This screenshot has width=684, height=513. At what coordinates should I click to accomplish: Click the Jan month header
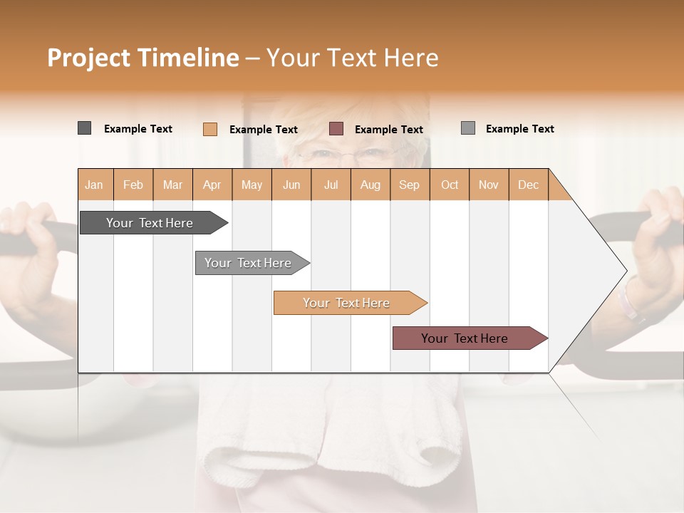(x=94, y=185)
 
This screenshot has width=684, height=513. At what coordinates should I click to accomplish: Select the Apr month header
(x=212, y=185)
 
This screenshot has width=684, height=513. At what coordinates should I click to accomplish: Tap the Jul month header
(x=331, y=185)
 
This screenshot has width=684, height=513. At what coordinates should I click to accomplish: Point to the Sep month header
(x=409, y=185)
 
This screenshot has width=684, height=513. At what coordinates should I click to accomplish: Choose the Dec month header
(x=528, y=185)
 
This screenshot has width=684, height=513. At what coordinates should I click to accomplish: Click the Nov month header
(x=488, y=185)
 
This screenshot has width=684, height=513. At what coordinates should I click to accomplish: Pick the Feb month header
(x=133, y=185)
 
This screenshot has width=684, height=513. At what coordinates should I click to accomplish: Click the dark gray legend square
(x=84, y=128)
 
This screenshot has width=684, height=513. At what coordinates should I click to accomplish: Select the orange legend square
(x=209, y=129)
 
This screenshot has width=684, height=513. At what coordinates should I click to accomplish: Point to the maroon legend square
(x=336, y=129)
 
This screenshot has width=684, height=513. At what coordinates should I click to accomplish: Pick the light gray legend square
(x=467, y=128)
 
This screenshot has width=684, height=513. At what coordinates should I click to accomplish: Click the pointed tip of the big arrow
(x=625, y=271)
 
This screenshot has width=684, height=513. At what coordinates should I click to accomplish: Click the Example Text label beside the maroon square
(x=388, y=129)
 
